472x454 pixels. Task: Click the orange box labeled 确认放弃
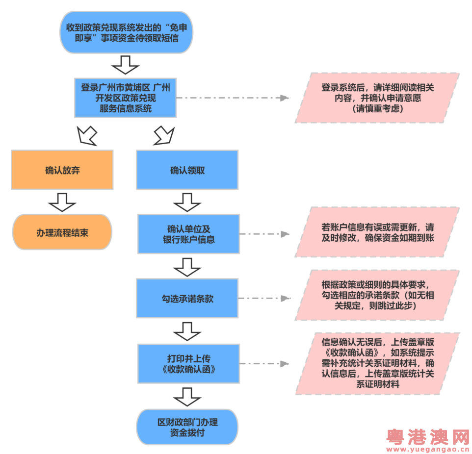point(62,170)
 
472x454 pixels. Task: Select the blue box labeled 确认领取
point(187,170)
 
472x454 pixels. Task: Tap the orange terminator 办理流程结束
point(62,232)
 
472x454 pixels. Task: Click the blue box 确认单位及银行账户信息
point(188,234)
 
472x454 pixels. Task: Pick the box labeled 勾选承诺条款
point(187,299)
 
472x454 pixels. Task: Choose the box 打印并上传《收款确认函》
point(188,364)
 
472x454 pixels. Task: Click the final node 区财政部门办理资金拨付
point(187,427)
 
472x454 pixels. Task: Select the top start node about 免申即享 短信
point(127,32)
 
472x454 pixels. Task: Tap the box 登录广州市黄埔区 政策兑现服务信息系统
point(125,98)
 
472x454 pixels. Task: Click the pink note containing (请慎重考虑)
point(377,98)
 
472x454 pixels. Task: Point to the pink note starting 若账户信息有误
point(377,232)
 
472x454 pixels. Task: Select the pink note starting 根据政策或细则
point(377,295)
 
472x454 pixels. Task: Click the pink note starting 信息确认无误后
point(378,363)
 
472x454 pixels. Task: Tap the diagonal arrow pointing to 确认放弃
point(87,136)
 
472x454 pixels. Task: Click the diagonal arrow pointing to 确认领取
point(164,136)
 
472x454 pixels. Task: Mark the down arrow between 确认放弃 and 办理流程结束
point(62,202)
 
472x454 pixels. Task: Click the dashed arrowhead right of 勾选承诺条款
point(285,299)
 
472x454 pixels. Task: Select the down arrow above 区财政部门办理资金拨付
point(187,397)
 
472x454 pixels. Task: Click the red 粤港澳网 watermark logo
point(428,437)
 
